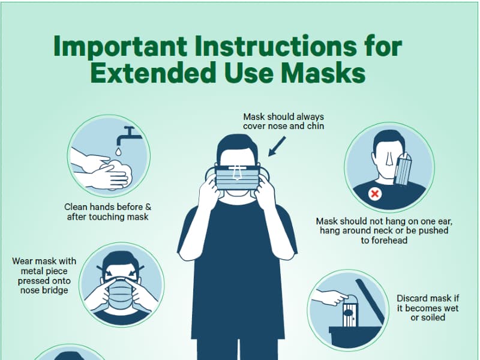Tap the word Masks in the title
point(323,73)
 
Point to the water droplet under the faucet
point(118,151)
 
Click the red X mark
point(374,193)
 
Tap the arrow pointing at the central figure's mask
point(277,146)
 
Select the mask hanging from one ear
point(403,170)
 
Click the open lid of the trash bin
point(370,301)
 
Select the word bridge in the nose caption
point(56,290)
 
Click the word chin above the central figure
point(316,126)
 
